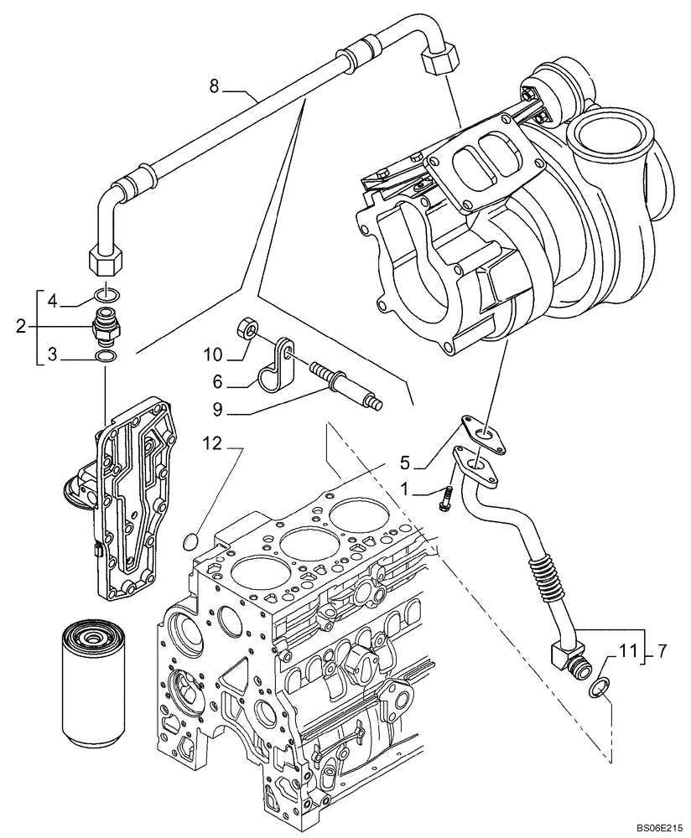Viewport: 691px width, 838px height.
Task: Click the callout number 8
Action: [214, 85]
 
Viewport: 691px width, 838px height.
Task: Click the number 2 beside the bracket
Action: [21, 326]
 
